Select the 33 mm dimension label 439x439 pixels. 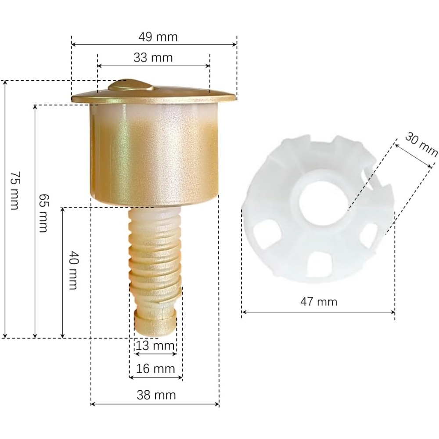[153, 58]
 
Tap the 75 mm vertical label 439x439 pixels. [15, 191]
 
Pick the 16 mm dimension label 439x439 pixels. [155, 368]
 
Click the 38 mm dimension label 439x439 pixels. [155, 395]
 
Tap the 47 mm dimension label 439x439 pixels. [318, 302]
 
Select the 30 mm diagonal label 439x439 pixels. [421, 144]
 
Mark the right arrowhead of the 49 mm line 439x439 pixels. [235, 44]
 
